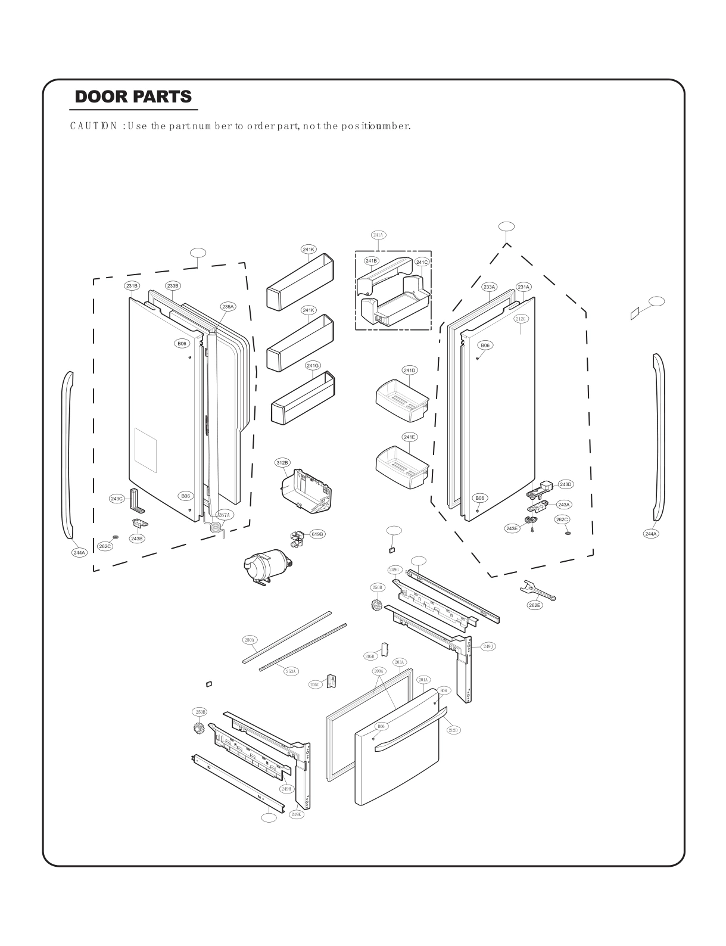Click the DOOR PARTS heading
133,97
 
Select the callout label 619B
317,534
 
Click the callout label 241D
410,371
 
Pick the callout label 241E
410,437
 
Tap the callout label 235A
228,307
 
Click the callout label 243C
117,499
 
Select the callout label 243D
565,484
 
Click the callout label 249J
488,646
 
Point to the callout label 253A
291,671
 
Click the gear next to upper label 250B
376,606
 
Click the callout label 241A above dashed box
378,235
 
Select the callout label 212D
454,730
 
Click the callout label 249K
297,814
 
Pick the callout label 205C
315,684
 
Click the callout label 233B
173,286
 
